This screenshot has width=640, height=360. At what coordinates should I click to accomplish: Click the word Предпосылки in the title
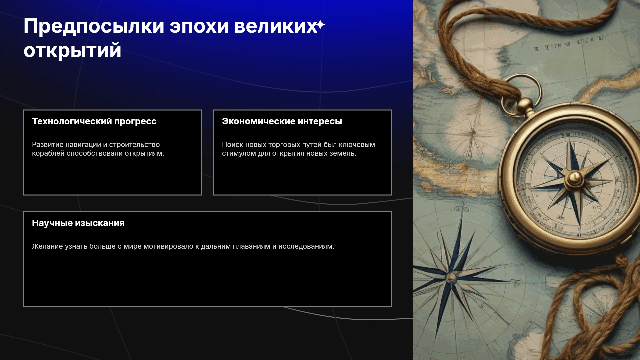[x=94, y=27]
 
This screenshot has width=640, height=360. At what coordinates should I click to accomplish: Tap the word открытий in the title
[x=72, y=51]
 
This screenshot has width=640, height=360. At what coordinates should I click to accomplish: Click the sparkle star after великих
[x=320, y=25]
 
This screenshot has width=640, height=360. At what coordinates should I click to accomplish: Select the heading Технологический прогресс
[x=94, y=121]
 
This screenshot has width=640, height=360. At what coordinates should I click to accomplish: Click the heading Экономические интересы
[x=282, y=121]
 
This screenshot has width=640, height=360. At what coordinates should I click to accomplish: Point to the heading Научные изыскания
[x=78, y=223]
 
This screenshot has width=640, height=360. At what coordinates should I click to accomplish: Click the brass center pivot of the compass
[x=574, y=178]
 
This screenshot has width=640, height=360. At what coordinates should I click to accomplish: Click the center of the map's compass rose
[x=451, y=277]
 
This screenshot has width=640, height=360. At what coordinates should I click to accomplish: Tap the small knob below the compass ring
[x=525, y=104]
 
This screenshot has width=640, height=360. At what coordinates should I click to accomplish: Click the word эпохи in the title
[x=199, y=27]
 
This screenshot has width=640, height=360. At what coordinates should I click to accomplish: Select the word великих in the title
[x=276, y=26]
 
